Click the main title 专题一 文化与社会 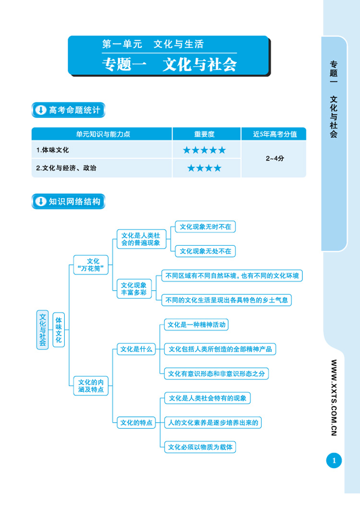(x=169, y=65)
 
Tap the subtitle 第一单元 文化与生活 (x=153, y=45)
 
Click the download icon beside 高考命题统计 (x=40, y=110)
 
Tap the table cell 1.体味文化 (x=53, y=150)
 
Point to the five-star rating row (x=204, y=150)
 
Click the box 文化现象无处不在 (x=205, y=250)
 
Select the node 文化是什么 (x=136, y=349)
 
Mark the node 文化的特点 (x=136, y=423)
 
